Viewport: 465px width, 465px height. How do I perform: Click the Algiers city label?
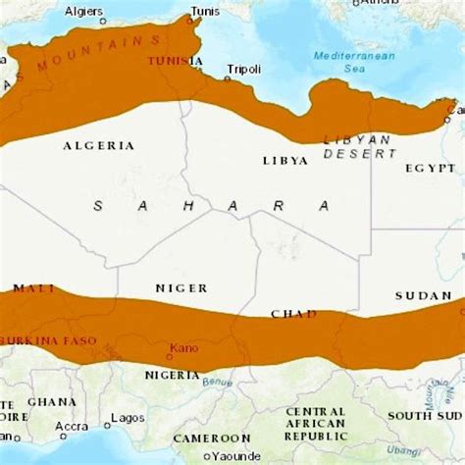pyautogui.click(x=83, y=11)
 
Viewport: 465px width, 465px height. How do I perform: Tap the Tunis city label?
pyautogui.click(x=205, y=12)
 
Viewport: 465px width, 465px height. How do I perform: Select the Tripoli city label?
pyautogui.click(x=243, y=69)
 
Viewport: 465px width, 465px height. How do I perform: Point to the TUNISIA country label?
pyautogui.click(x=170, y=61)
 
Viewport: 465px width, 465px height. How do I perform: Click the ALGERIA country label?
pyautogui.click(x=98, y=145)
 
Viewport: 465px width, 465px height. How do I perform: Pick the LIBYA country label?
pyautogui.click(x=285, y=160)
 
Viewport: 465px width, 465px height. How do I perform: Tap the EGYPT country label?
pyautogui.click(x=431, y=168)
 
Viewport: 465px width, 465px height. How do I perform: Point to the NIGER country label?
pyautogui.click(x=181, y=288)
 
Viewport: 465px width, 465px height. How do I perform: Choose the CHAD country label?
pyautogui.click(x=293, y=314)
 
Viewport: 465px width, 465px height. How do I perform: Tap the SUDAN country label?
pyautogui.click(x=423, y=295)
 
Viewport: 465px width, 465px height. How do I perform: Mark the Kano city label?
pyautogui.click(x=183, y=347)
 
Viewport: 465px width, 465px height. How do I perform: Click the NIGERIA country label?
pyautogui.click(x=173, y=375)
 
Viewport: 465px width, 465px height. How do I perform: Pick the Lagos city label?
pyautogui.click(x=128, y=417)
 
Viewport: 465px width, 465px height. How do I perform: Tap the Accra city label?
pyautogui.click(x=71, y=427)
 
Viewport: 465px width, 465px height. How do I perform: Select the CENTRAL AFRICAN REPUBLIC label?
pyautogui.click(x=315, y=424)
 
